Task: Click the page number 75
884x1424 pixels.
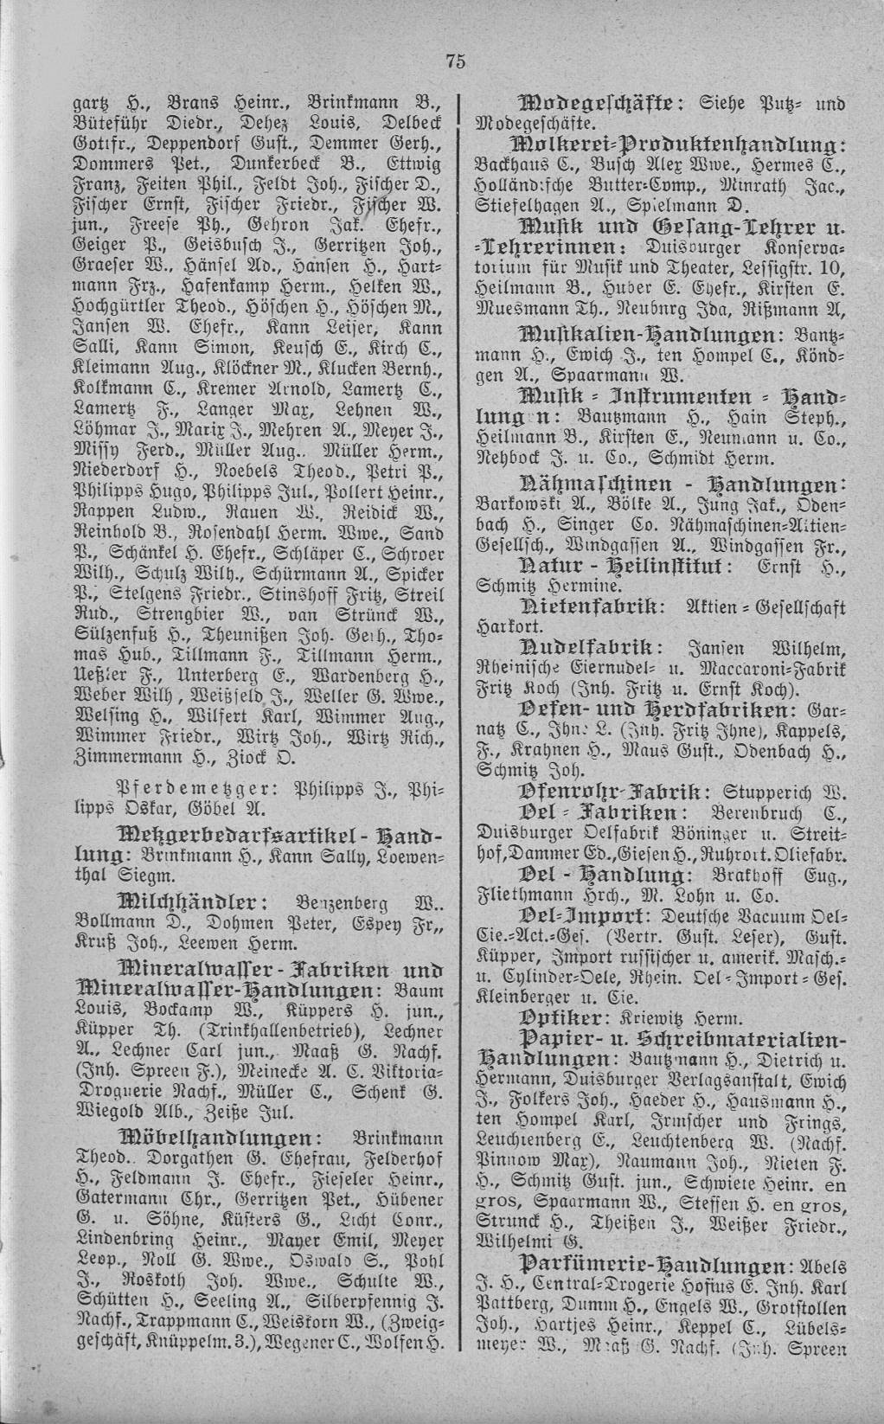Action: click(456, 60)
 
